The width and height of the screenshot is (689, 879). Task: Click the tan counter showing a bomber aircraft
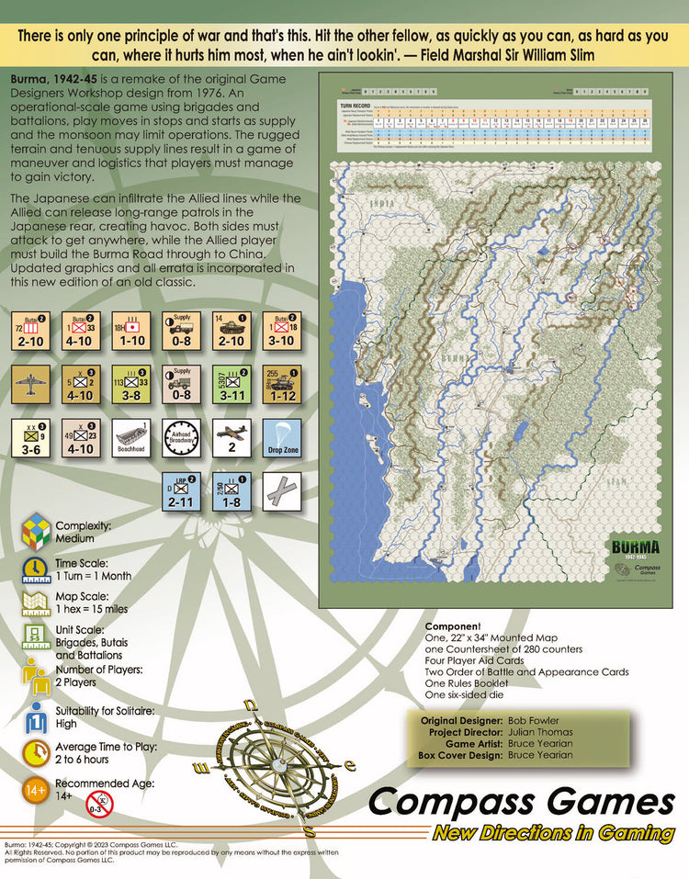pyautogui.click(x=28, y=384)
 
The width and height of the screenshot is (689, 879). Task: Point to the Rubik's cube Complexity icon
pyautogui.click(x=36, y=531)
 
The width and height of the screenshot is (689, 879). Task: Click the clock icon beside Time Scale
pyautogui.click(x=36, y=569)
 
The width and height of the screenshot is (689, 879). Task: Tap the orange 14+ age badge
pyautogui.click(x=36, y=791)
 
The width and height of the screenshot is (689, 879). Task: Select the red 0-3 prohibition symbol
pyautogui.click(x=100, y=806)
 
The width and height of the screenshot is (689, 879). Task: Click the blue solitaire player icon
pyautogui.click(x=36, y=716)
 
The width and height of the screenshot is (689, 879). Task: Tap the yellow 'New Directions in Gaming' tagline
pyautogui.click(x=553, y=833)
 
